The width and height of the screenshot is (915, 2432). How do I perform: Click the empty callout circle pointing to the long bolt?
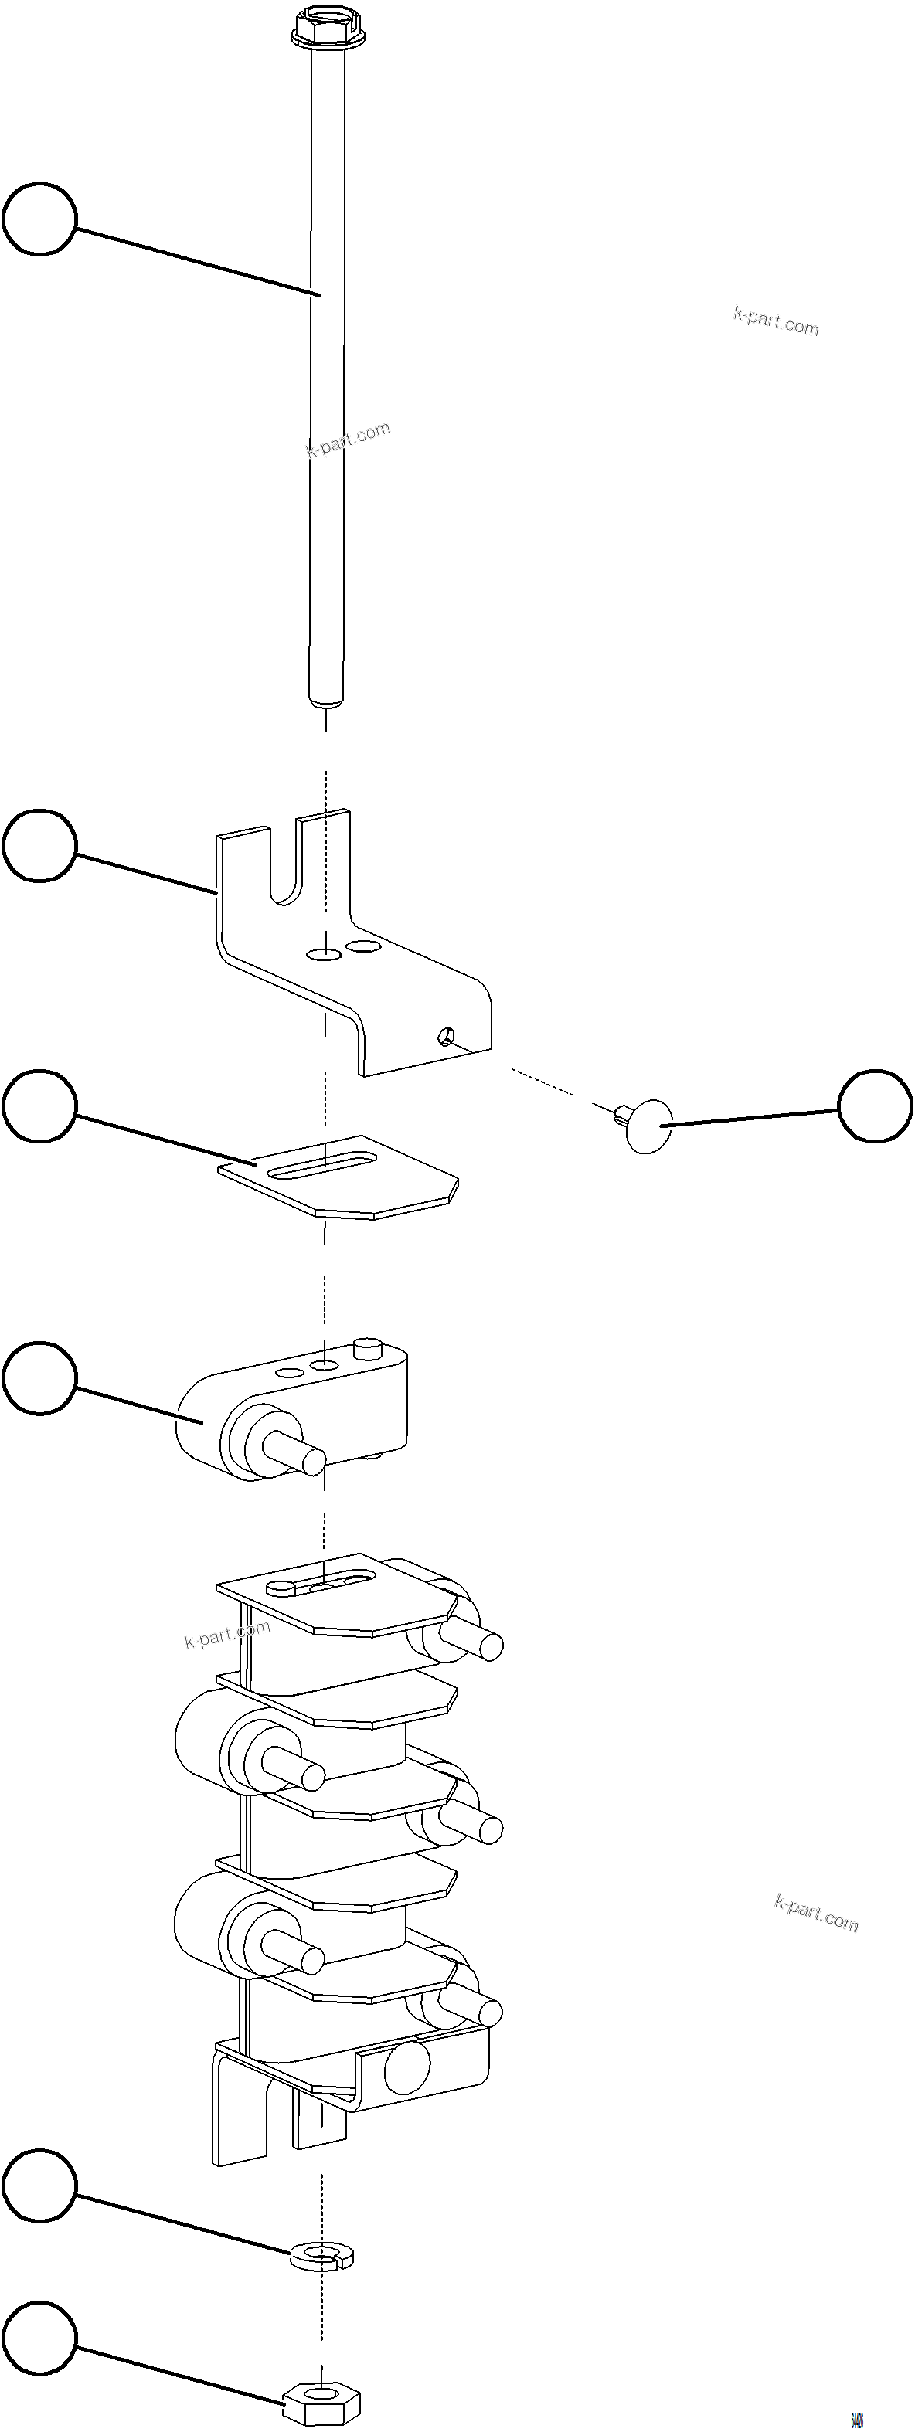(39, 219)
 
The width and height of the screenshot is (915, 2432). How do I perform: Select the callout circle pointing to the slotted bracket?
(39, 845)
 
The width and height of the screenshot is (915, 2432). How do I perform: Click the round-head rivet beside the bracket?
(647, 1124)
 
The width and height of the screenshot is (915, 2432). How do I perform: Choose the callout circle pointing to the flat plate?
(39, 1106)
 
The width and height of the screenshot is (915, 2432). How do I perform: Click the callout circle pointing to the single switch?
(39, 1379)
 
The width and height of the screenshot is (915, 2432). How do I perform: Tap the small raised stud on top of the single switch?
(366, 1347)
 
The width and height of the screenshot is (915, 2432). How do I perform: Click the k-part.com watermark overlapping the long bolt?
(349, 439)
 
